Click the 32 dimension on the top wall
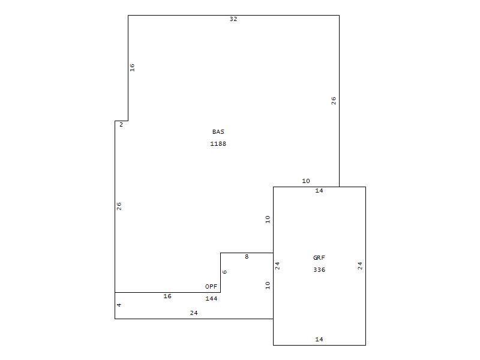tap(233, 19)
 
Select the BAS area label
tap(218, 131)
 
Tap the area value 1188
tap(218, 143)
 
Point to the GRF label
tap(319, 258)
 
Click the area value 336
tap(319, 269)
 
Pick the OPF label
tap(211, 287)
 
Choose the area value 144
tap(211, 298)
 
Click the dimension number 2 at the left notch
tap(121, 125)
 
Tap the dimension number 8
tap(247, 257)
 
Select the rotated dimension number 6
tap(224, 272)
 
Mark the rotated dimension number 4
tap(119, 305)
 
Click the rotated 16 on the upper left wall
tap(132, 67)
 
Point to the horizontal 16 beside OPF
tap(167, 296)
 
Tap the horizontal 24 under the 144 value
tap(194, 313)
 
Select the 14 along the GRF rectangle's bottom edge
tap(319, 339)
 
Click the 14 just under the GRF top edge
tap(319, 190)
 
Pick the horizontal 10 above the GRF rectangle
tap(306, 181)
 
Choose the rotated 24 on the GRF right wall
tap(360, 266)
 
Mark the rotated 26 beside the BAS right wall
tap(334, 101)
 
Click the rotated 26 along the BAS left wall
tap(119, 206)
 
